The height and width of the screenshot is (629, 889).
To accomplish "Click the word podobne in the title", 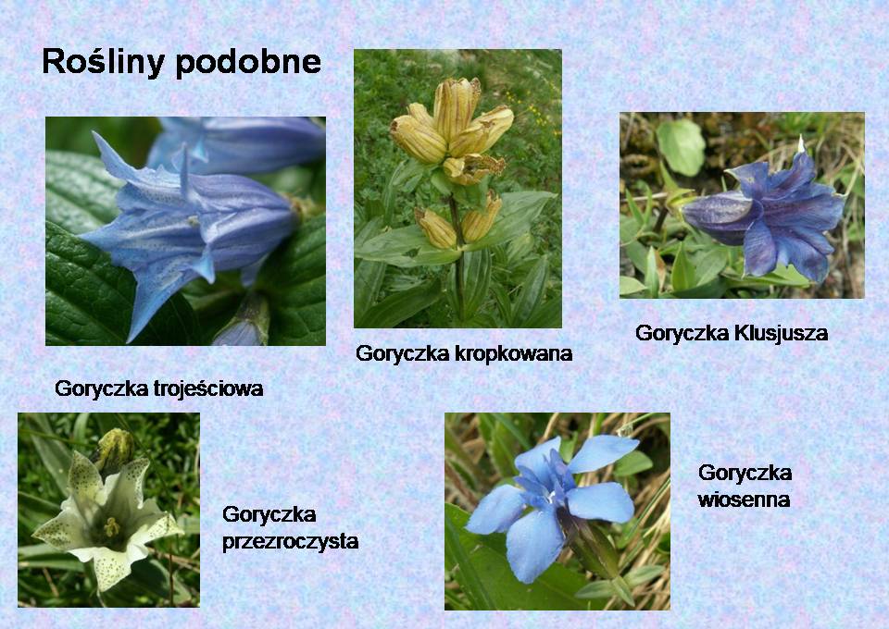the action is pyautogui.click(x=248, y=62).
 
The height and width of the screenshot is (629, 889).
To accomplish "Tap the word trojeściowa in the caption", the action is pyautogui.click(x=208, y=388).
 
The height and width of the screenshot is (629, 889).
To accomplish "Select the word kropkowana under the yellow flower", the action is pyautogui.click(x=514, y=353).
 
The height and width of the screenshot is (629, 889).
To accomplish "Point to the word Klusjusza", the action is pyautogui.click(x=781, y=333).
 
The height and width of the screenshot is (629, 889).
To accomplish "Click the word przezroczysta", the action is pyautogui.click(x=290, y=542).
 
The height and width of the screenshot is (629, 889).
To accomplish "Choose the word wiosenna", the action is pyautogui.click(x=744, y=499).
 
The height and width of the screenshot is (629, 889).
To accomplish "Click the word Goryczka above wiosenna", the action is pyautogui.click(x=745, y=473).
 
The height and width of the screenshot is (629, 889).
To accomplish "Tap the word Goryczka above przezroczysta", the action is pyautogui.click(x=269, y=514).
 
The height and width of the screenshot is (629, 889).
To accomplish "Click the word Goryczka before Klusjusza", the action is pyautogui.click(x=682, y=333).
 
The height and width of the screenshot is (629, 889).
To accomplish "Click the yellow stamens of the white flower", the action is pyautogui.click(x=111, y=527).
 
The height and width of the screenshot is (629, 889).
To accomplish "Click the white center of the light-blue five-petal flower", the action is pyautogui.click(x=550, y=499).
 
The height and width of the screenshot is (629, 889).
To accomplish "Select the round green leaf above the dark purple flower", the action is pyautogui.click(x=681, y=147).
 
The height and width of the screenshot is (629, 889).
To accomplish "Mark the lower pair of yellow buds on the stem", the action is pyautogui.click(x=458, y=222).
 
